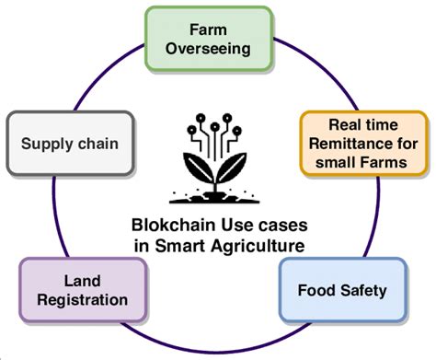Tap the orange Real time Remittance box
click(365, 142)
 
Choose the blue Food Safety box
click(342, 290)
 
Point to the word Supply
click(47, 145)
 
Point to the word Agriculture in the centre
click(260, 245)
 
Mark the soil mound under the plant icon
click(214, 196)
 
